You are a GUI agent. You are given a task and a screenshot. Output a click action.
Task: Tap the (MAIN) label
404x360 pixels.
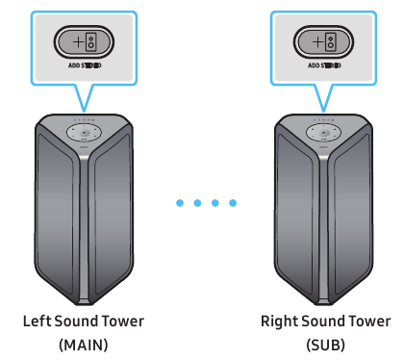tap(84, 344)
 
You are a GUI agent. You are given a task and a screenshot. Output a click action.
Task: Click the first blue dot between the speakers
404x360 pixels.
tap(180, 203)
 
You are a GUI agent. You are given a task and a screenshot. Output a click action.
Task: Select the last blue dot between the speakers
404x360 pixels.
tap(231, 203)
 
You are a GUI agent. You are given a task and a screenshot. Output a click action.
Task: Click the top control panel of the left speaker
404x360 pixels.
tap(84, 132)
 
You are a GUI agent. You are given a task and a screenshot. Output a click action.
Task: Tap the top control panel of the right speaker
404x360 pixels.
tap(323, 132)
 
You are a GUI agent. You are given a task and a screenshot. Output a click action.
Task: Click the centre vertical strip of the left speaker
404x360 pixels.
tap(84, 231)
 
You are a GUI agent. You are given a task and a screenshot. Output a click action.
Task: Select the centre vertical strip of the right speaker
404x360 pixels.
tap(323, 231)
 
